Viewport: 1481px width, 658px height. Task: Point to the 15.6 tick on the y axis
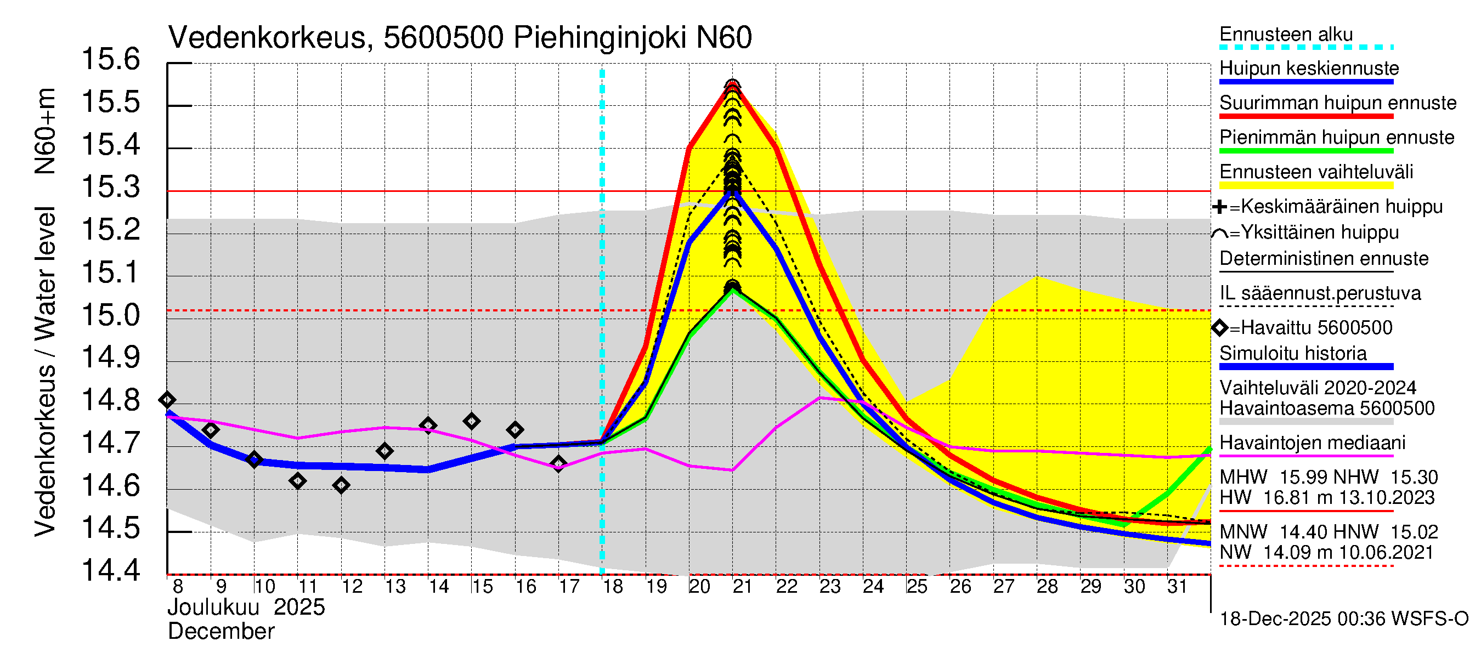[x=111, y=60]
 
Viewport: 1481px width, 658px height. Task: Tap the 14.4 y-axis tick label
[x=111, y=571]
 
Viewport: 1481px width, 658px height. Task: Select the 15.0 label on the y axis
[x=111, y=315]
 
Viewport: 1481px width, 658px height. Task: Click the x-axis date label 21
[x=742, y=587]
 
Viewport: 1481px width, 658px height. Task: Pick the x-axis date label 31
[x=1177, y=587]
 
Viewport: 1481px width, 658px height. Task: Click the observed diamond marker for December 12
[x=341, y=486]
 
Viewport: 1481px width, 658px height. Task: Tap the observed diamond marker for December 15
[x=471, y=421]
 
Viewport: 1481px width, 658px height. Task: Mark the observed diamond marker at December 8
[x=167, y=399]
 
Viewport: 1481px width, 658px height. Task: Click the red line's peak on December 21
[x=732, y=86]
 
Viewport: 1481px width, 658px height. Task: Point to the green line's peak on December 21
[x=732, y=289]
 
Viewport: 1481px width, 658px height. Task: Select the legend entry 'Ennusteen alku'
[x=1286, y=35]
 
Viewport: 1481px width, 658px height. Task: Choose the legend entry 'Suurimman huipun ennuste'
[x=1337, y=103]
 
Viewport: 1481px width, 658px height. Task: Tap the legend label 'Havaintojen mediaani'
[x=1312, y=443]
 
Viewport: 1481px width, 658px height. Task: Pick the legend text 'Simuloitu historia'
[x=1292, y=354]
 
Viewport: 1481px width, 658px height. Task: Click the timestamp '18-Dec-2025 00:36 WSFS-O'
[x=1343, y=619]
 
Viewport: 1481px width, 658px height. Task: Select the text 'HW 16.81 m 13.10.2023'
[x=1327, y=498]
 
